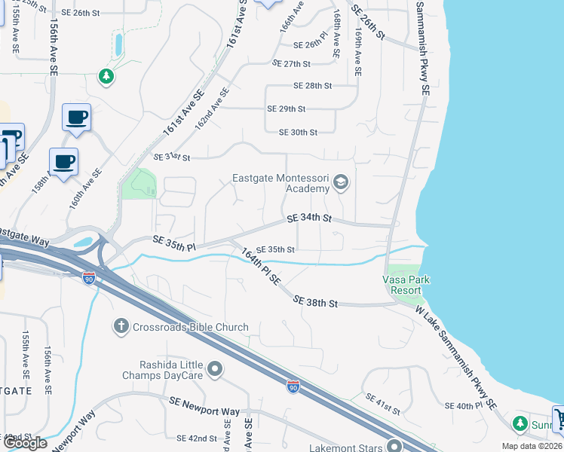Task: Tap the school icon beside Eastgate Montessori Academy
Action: coord(341,182)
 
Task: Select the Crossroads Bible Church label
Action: coord(190,327)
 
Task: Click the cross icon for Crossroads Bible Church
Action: coord(121,326)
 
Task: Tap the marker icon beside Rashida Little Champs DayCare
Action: coord(216,369)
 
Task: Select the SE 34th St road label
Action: coord(309,218)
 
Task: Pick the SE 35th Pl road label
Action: coord(174,243)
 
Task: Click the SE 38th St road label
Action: coord(314,301)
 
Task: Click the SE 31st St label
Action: coord(172,157)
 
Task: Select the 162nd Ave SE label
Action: coord(212,106)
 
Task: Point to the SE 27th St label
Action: coord(292,64)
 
